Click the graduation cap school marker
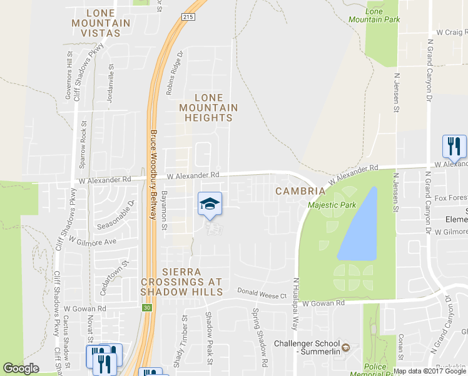click(x=210, y=204)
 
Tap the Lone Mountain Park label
click(x=382, y=15)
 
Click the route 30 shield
click(x=147, y=307)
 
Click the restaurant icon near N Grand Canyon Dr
click(x=454, y=147)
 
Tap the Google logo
click(x=21, y=368)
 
